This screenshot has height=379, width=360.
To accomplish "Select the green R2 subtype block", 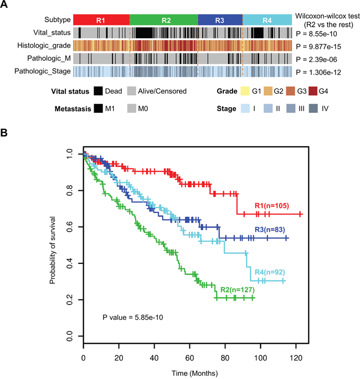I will pos(164,20).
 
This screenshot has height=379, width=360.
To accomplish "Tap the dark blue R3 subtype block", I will pos(220,20).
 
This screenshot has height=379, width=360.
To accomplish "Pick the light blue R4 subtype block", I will pos(267,20).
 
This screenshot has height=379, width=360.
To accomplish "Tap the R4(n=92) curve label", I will pos(270,272).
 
